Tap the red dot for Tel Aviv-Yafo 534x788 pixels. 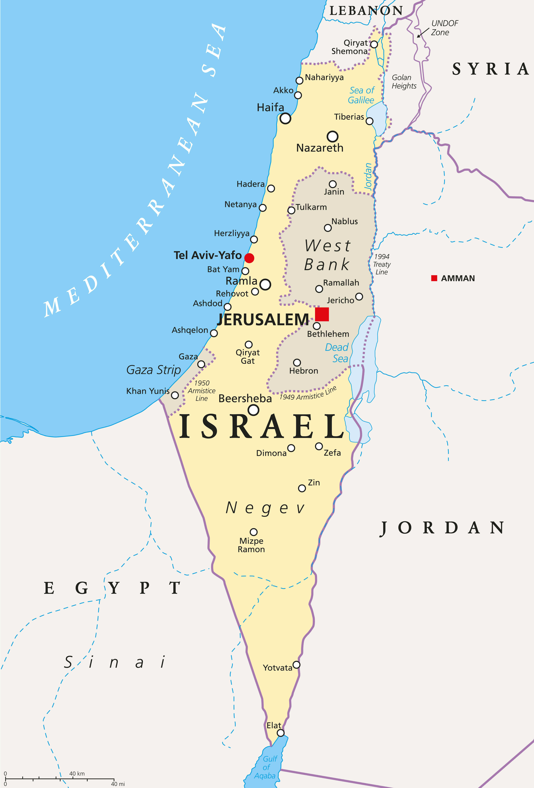249,258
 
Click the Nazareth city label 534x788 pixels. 320,148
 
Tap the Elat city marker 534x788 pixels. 281,733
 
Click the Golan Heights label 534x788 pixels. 404,82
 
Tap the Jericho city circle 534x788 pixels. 359,297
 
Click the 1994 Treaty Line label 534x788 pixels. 382,264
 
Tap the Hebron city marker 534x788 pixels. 297,362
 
